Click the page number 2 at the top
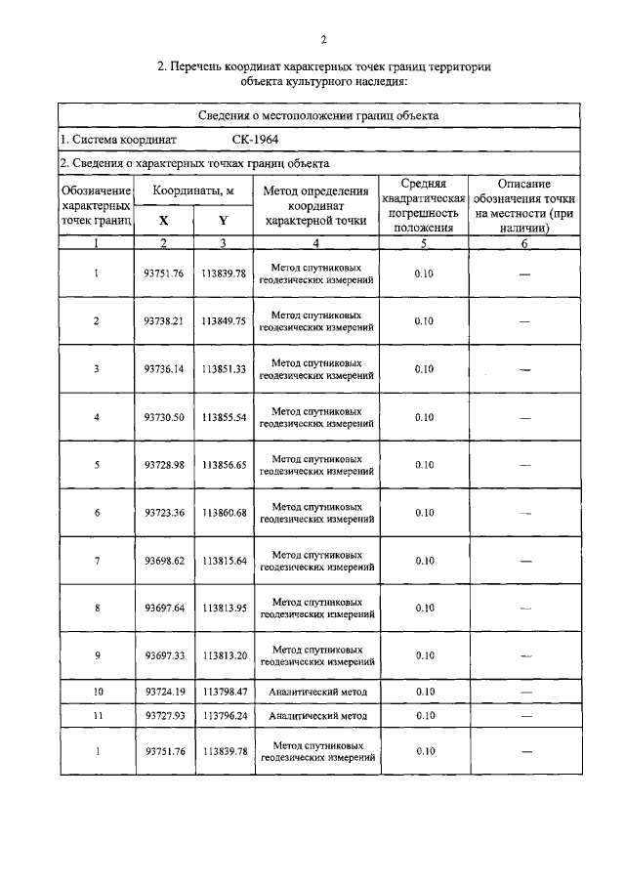tap(322, 40)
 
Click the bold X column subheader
tap(163, 220)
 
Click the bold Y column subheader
tap(224, 220)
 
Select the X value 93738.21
tap(163, 321)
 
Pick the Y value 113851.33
tap(225, 369)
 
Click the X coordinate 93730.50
tap(163, 417)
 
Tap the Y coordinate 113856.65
tap(225, 465)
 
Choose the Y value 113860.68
tap(225, 513)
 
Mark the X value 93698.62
tap(163, 561)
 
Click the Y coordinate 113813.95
tap(225, 608)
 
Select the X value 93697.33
tap(163, 655)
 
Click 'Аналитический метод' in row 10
tap(316, 692)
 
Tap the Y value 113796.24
tap(225, 715)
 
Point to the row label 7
tap(96, 561)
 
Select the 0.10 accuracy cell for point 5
tap(424, 465)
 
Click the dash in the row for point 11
tap(525, 716)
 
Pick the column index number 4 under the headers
tap(316, 242)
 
